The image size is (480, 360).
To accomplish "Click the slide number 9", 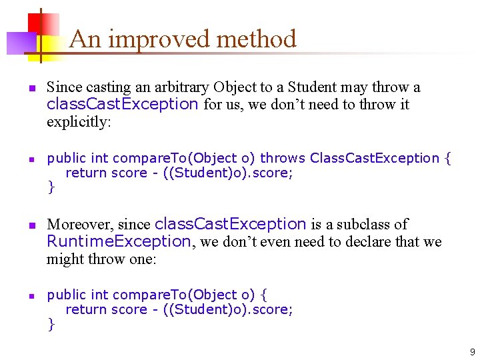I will click(472, 352).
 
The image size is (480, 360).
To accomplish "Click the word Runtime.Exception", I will click(119, 241).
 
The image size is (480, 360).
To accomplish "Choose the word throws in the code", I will click(283, 158).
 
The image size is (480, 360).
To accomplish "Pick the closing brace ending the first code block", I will click(51, 187).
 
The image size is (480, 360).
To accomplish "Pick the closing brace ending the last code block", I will click(51, 324).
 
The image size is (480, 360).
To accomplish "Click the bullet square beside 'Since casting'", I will click(31, 88).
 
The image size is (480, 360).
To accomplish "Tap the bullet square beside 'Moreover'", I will click(31, 225).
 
